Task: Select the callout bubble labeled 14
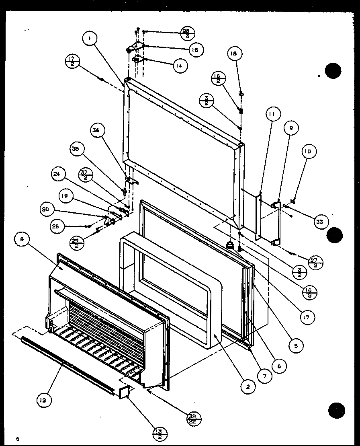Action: (180, 66)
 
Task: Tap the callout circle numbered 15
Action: (195, 49)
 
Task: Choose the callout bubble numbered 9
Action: (291, 128)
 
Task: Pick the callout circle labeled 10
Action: (309, 152)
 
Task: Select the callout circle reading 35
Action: (75, 148)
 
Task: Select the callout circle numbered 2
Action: (248, 386)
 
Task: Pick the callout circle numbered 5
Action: (296, 345)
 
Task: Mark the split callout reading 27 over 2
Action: (315, 262)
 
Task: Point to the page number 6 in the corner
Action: (17, 438)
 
